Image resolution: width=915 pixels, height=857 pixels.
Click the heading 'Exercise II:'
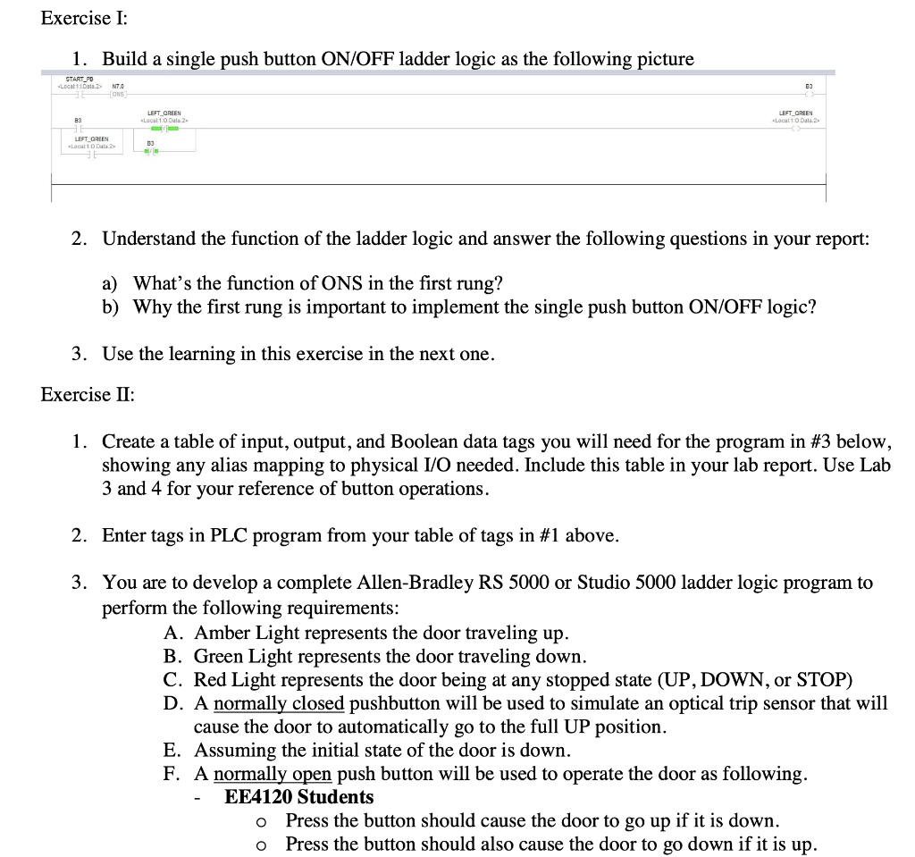point(88,394)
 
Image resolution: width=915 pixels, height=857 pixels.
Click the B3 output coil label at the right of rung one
point(808,87)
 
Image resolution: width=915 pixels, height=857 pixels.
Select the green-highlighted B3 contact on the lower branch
point(151,150)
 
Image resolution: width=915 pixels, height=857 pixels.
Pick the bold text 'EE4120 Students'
point(298,797)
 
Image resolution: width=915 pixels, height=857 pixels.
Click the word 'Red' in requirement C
point(210,680)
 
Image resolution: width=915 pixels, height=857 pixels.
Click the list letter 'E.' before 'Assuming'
point(174,750)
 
